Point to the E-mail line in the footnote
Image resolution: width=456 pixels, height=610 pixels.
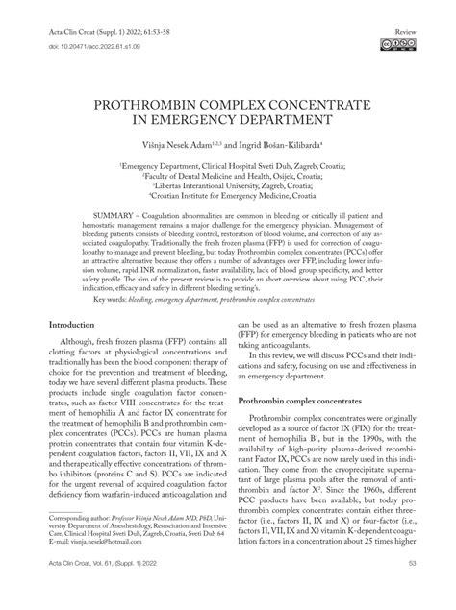click(x=82, y=569)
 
